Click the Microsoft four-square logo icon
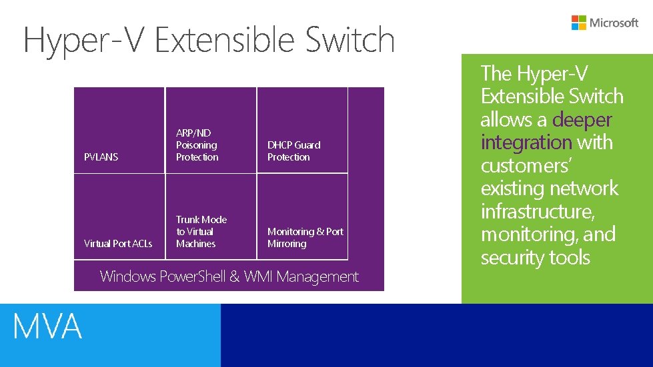click(x=579, y=23)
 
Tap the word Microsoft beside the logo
click(x=614, y=23)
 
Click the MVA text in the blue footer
click(x=47, y=327)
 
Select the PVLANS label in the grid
click(x=101, y=157)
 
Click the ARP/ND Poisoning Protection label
click(x=197, y=145)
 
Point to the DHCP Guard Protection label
click(x=293, y=151)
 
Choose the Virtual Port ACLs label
click(x=118, y=244)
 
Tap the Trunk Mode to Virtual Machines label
click(x=201, y=232)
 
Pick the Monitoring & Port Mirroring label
click(x=305, y=238)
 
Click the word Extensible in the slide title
click(x=227, y=40)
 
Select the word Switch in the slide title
click(x=350, y=40)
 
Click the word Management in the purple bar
click(x=317, y=277)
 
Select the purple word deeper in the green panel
click(x=582, y=120)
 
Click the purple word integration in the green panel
click(x=526, y=143)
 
